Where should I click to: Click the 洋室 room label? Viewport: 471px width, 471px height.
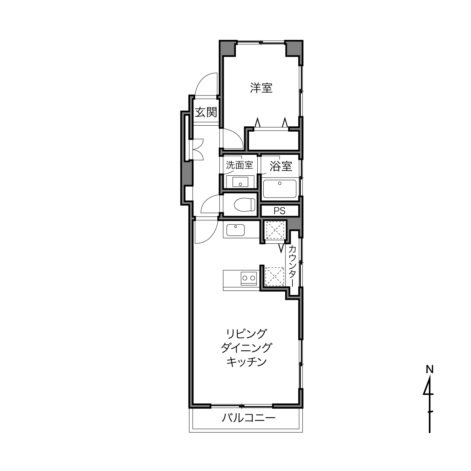click(x=261, y=88)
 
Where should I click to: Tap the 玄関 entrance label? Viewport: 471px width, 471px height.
click(x=206, y=112)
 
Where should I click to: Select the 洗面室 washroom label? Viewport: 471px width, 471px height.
click(x=239, y=165)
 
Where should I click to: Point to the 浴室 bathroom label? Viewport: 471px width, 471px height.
click(x=281, y=166)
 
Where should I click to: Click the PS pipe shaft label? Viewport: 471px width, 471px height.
click(x=280, y=211)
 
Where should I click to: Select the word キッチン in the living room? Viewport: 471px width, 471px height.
click(x=246, y=362)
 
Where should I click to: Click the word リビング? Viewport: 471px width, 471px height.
click(x=246, y=334)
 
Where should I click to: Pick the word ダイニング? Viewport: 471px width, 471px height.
click(x=246, y=348)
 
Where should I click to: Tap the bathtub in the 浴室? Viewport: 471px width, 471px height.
click(x=280, y=189)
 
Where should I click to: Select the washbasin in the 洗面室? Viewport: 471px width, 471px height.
click(x=240, y=182)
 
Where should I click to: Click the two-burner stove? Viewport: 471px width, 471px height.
click(x=249, y=278)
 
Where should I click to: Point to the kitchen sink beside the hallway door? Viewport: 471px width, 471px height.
click(x=235, y=230)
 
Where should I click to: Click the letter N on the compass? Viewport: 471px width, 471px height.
click(x=430, y=377)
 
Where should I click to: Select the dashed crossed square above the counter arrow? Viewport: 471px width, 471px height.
click(x=275, y=230)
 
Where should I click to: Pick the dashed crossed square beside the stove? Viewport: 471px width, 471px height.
click(x=275, y=277)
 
